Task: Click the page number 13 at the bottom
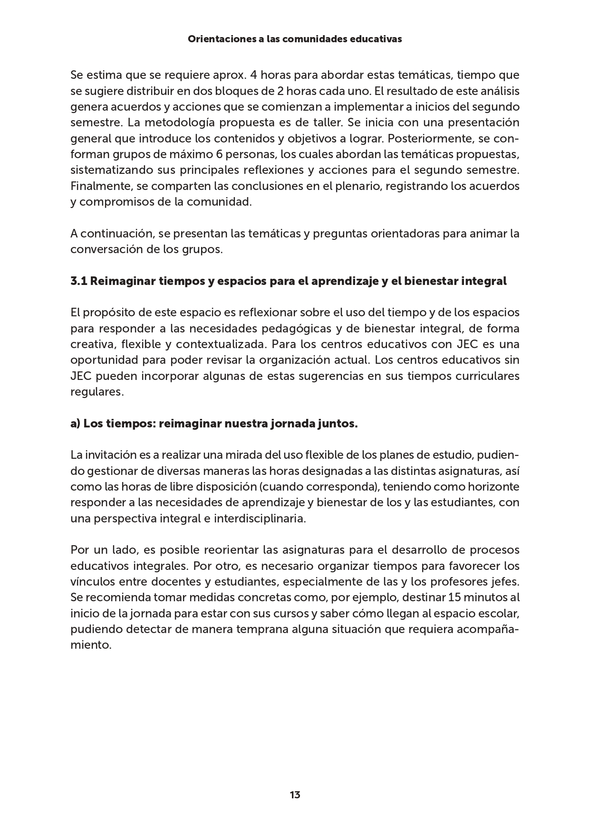pyautogui.click(x=295, y=795)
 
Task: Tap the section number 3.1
pyautogui.click(x=78, y=281)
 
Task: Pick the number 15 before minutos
pyautogui.click(x=455, y=597)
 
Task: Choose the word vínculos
pyautogui.click(x=93, y=582)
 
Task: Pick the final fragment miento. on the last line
pyautogui.click(x=91, y=645)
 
